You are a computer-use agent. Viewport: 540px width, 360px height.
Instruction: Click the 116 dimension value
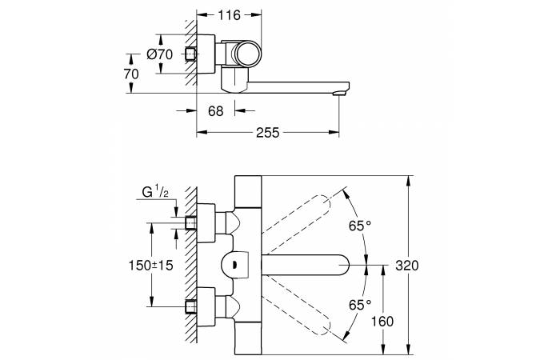click(229, 15)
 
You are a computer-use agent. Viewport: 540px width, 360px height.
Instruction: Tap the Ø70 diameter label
click(159, 54)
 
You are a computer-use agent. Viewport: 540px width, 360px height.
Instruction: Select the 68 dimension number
click(215, 111)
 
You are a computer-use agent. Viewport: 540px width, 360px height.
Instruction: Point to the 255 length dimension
click(267, 133)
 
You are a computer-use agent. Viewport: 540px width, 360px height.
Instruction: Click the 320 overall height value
click(406, 266)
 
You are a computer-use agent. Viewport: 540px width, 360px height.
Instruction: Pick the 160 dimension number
click(382, 322)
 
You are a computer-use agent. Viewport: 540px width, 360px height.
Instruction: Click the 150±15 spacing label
click(151, 266)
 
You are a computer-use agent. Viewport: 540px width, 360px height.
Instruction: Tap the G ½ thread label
click(155, 191)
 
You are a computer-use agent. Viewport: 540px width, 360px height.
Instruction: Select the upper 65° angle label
click(360, 226)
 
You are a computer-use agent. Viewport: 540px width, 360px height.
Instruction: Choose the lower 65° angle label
click(360, 305)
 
